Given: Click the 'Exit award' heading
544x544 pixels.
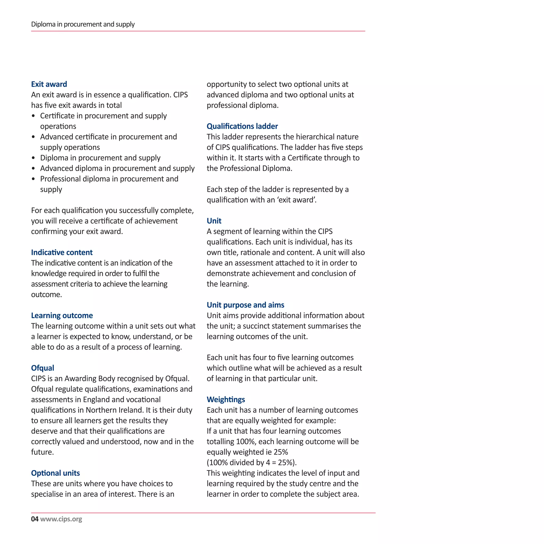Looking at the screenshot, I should [49, 84].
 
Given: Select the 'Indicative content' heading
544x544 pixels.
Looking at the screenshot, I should [62, 252].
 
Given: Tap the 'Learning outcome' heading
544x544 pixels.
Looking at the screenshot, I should [62, 315].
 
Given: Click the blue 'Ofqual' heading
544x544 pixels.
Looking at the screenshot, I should [42, 368].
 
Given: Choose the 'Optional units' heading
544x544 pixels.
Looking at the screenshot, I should [56, 473].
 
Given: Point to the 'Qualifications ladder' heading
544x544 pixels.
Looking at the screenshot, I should [242, 126].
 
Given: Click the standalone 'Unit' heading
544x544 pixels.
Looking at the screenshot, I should [214, 221].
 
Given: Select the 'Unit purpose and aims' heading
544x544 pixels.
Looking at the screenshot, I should [245, 305].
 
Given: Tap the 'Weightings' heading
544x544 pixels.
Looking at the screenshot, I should [226, 399].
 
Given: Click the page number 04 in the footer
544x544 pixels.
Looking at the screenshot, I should [35, 519].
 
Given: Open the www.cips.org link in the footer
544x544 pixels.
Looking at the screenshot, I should [61, 519].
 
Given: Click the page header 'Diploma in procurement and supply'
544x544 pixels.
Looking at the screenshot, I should [83, 24].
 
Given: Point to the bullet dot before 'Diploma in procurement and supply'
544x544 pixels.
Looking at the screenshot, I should [33, 158].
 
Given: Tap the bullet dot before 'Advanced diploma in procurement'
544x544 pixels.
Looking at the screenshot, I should [33, 168].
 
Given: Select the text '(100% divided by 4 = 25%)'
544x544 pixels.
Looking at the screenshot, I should [252, 463].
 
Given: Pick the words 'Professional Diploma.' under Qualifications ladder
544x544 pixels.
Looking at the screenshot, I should [256, 168].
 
